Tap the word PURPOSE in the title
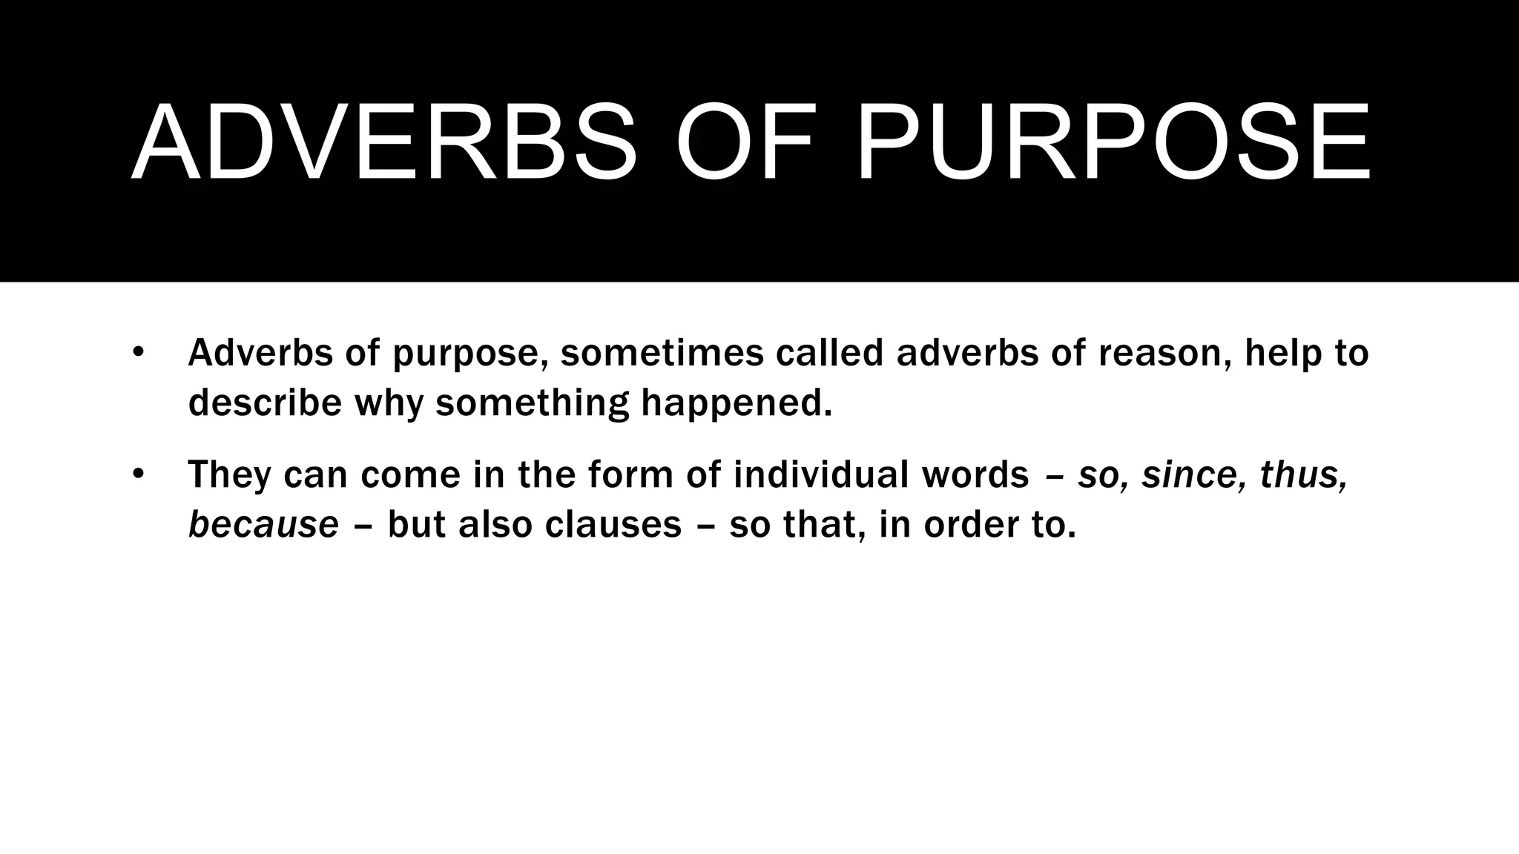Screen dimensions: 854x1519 (1113, 142)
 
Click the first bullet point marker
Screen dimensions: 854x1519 (137, 351)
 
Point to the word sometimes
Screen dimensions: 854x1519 (662, 353)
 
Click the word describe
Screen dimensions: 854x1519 (265, 403)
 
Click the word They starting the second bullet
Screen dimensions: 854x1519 (229, 474)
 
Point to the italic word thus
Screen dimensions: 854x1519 (1302, 474)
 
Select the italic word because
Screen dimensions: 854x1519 (263, 525)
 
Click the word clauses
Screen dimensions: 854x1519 (613, 525)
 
